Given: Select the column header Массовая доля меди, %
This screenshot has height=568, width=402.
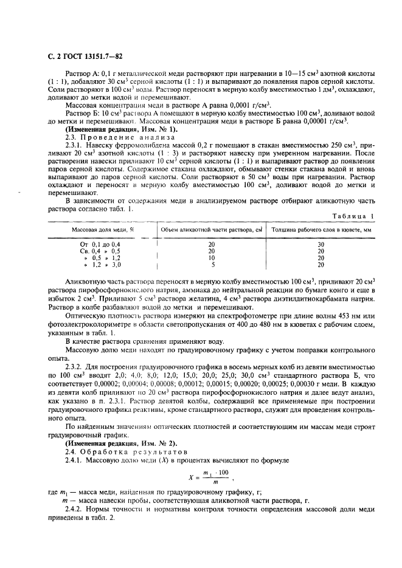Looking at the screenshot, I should pyautogui.click(x=103, y=230).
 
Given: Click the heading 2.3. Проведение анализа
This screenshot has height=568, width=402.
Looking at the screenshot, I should pyautogui.click(x=108, y=137).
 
